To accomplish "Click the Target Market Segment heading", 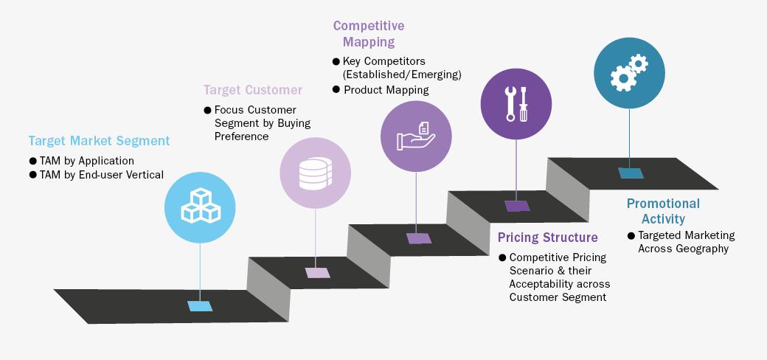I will (99, 141).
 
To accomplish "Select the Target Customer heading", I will (253, 90).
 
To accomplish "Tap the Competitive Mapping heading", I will (369, 34).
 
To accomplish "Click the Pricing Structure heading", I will (547, 238).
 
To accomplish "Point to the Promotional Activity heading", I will (663, 211).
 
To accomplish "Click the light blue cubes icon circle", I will (200, 205).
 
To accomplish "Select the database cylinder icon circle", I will (315, 173).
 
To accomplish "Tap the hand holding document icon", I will (416, 136).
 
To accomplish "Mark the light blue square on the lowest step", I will (200, 306).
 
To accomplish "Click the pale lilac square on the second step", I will (318, 272).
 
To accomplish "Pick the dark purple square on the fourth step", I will (516, 206).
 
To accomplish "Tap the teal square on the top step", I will (631, 173).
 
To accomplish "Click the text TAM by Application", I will (87, 160).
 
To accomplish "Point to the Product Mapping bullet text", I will (386, 90).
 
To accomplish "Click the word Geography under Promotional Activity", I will (701, 249).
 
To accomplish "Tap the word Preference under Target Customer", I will (242, 136).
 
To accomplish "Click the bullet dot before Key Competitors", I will (336, 61).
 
